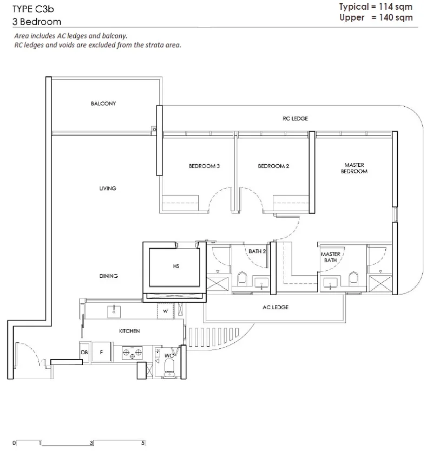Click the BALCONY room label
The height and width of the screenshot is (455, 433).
click(x=103, y=103)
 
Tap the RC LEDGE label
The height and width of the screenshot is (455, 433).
click(x=295, y=119)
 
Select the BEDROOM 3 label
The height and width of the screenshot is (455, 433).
click(x=204, y=166)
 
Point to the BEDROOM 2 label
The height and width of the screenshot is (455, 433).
click(x=273, y=166)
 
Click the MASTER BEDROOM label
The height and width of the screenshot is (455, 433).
click(x=354, y=168)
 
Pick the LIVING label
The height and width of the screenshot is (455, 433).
click(x=108, y=188)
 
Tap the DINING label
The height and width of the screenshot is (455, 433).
click(x=108, y=276)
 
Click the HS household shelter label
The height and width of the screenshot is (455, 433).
click(x=176, y=266)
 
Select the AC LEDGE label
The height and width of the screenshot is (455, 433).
click(x=275, y=307)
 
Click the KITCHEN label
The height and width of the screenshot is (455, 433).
click(x=129, y=331)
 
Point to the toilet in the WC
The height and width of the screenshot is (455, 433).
click(x=169, y=367)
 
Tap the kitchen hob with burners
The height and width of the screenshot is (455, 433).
click(x=132, y=353)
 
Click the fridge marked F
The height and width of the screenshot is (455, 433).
click(x=101, y=352)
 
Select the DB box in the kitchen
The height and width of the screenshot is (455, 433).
click(x=84, y=352)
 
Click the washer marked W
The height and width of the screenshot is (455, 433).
click(x=165, y=311)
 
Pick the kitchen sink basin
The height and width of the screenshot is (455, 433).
click(x=114, y=311)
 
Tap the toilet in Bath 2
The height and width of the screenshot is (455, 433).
click(x=242, y=278)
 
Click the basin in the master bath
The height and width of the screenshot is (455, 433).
click(x=330, y=283)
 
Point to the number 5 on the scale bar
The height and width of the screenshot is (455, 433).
click(x=143, y=443)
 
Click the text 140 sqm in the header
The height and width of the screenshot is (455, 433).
click(x=396, y=17)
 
